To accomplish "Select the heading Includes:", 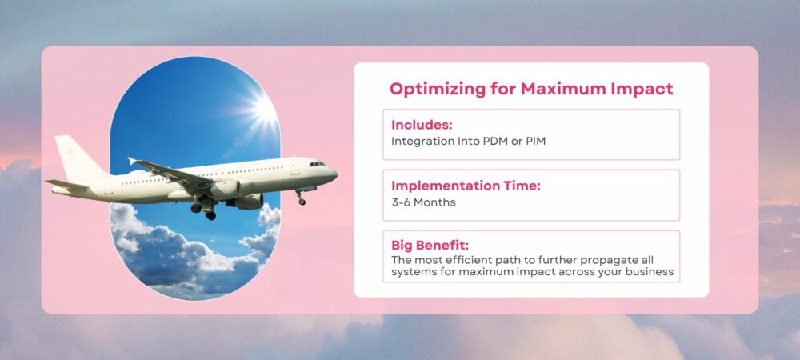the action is coord(422,125).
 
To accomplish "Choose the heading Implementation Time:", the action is coord(466,186).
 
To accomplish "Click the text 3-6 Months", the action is coord(423,202).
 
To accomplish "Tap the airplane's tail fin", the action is coord(77,158).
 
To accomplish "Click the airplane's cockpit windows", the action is coord(318,164).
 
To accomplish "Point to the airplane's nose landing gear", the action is coord(301,198).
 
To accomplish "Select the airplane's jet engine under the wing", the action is coord(225,190).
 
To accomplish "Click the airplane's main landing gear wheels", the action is coord(203,210).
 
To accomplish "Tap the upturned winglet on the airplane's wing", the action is coord(132,161).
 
